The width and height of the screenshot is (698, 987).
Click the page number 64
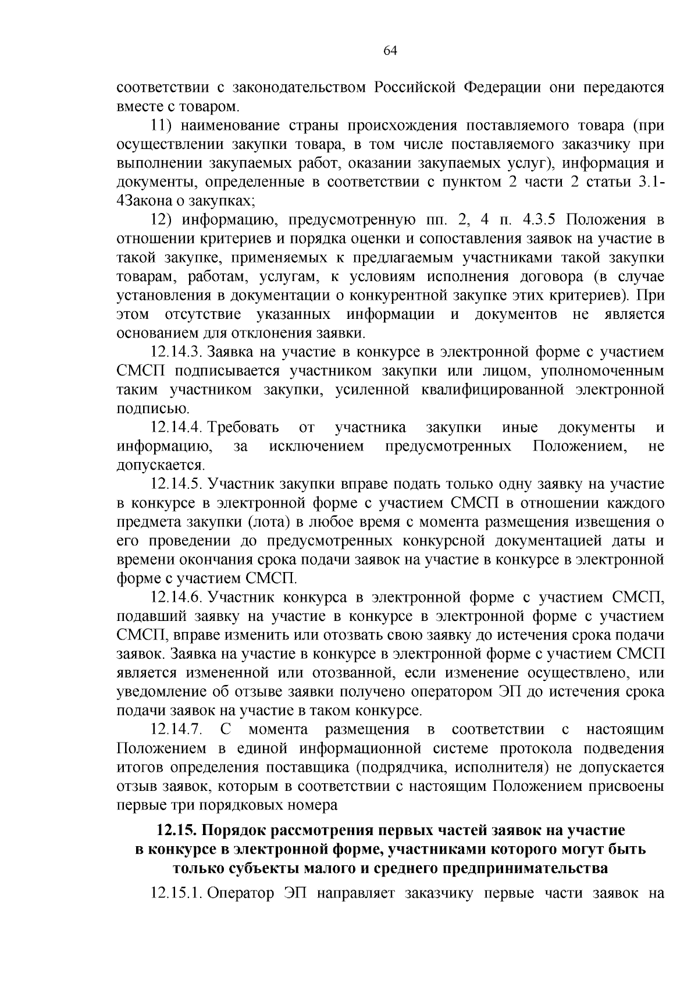tap(390, 51)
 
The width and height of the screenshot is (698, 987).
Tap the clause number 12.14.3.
tap(176, 352)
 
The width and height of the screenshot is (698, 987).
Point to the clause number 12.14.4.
tap(176, 428)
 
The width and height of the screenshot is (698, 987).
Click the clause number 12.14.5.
tap(176, 484)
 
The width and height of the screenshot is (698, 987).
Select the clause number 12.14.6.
tap(176, 598)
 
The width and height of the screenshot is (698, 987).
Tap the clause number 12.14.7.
tap(176, 730)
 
